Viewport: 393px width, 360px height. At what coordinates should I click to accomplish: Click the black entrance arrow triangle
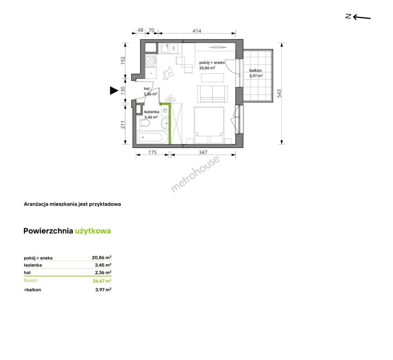[x=114, y=90]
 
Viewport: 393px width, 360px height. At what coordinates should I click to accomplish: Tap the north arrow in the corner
[x=358, y=17]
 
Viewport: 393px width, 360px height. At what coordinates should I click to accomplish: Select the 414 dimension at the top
[x=197, y=31]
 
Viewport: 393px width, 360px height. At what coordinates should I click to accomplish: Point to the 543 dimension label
[x=279, y=93]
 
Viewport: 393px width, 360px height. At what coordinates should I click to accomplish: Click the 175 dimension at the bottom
[x=152, y=152]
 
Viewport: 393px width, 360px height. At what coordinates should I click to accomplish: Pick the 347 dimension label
[x=203, y=152]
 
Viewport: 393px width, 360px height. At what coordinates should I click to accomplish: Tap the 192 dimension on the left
[x=123, y=60]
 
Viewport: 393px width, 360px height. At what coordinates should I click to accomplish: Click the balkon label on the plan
[x=256, y=71]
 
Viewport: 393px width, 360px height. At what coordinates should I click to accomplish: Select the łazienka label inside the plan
[x=152, y=112]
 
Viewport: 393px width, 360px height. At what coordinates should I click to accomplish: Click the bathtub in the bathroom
[x=152, y=137]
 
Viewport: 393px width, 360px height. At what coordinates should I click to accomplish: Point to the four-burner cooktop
[x=150, y=61]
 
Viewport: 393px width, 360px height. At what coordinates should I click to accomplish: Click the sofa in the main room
[x=213, y=94]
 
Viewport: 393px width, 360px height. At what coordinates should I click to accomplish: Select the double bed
[x=209, y=125]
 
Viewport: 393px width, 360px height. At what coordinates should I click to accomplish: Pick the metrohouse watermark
[x=195, y=174]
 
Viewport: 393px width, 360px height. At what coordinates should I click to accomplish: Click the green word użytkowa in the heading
[x=93, y=231]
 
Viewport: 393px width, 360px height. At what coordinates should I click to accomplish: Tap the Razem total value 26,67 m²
[x=102, y=281]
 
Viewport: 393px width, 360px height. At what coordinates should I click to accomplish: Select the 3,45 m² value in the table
[x=103, y=265]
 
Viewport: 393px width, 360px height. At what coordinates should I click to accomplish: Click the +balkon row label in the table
[x=32, y=290]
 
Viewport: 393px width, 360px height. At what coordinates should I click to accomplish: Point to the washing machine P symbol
[x=165, y=111]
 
